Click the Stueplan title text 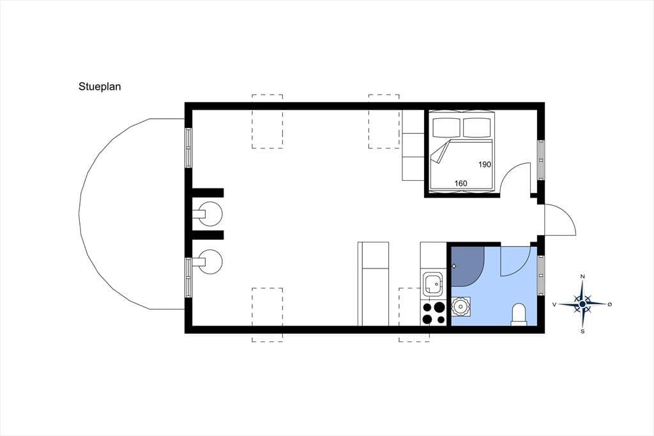pos(100,86)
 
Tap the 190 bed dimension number pos(484,164)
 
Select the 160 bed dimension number pos(460,183)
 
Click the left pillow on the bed pos(446,127)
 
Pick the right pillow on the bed pos(476,127)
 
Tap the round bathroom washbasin pos(461,307)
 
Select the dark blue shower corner pos(467,266)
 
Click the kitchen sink pos(432,284)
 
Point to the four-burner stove pos(434,313)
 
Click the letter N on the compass pos(582,276)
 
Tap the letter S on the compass pos(582,332)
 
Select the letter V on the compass pos(554,304)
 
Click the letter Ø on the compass pos(610,304)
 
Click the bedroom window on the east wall pos(541,160)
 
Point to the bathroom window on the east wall pos(541,275)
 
